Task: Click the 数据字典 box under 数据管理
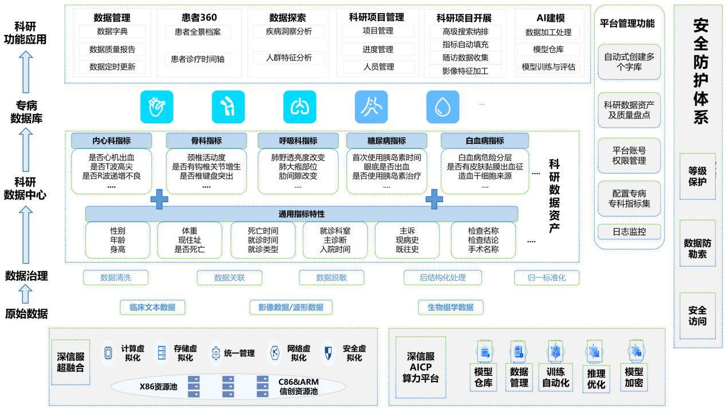pyautogui.click(x=112, y=32)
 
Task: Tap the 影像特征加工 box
pyautogui.click(x=465, y=71)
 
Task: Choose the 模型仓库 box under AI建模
pyautogui.click(x=548, y=49)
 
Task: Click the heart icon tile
pyautogui.click(x=156, y=107)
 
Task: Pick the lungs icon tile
pyautogui.click(x=300, y=107)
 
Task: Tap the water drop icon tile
pyautogui.click(x=442, y=107)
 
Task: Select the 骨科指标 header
pyautogui.click(x=206, y=140)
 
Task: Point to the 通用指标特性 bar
pyautogui.click(x=301, y=214)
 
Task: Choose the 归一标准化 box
pyautogui.click(x=546, y=278)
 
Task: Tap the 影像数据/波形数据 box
pyautogui.click(x=291, y=307)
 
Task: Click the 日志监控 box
pyautogui.click(x=629, y=232)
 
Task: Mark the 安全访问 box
pyautogui.click(x=697, y=316)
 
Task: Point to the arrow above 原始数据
pyautogui.click(x=24, y=294)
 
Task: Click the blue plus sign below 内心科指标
pyautogui.click(x=159, y=198)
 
